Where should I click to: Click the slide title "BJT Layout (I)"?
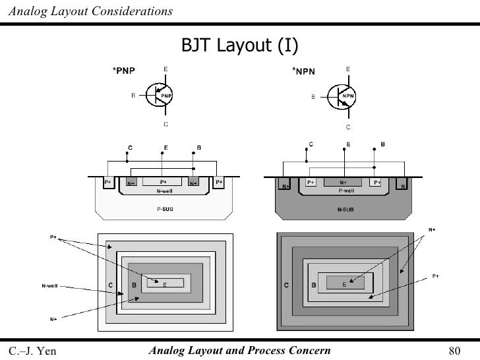(x=239, y=45)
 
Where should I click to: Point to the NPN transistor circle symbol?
(x=344, y=96)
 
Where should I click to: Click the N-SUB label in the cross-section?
(x=344, y=208)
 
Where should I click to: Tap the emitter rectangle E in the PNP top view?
(x=165, y=284)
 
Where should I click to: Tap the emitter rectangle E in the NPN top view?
(x=345, y=284)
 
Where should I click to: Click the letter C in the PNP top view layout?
(x=109, y=285)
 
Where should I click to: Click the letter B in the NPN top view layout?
(x=313, y=285)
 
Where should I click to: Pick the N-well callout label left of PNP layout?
(x=49, y=286)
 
